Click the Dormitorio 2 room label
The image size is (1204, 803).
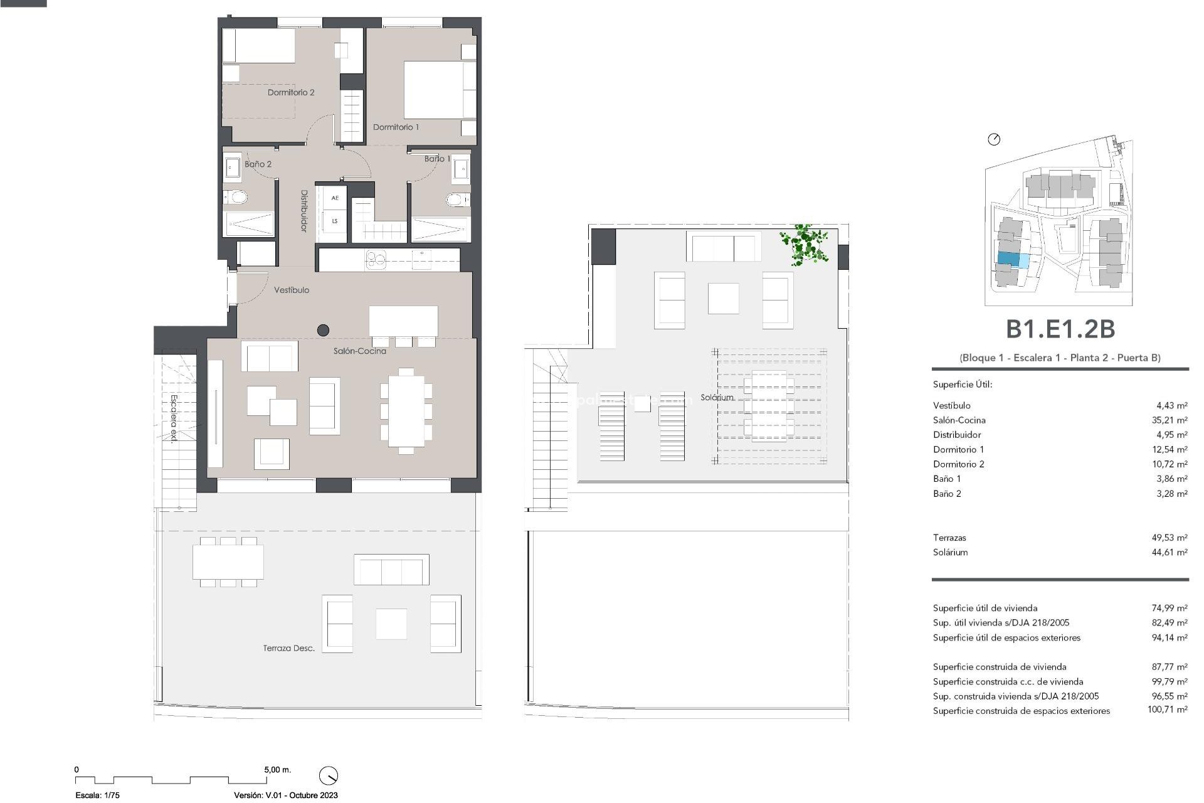click(291, 92)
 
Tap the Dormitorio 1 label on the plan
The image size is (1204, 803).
click(396, 127)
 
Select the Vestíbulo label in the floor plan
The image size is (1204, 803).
click(292, 290)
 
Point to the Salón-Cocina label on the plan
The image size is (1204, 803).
click(359, 351)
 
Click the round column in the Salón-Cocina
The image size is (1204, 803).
click(324, 329)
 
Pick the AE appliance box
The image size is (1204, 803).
click(335, 198)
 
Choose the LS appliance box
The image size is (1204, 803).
click(335, 221)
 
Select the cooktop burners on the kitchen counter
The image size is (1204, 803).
click(376, 258)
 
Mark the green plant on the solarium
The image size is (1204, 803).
click(804, 244)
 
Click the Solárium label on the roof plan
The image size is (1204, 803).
click(717, 397)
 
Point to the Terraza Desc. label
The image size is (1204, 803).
click(288, 648)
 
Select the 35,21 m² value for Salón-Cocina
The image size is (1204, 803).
click(1170, 420)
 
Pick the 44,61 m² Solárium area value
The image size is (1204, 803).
click(1170, 552)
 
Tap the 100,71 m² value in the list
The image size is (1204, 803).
click(1167, 710)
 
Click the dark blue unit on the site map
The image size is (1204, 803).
click(1008, 258)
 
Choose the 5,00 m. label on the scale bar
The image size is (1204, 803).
click(277, 769)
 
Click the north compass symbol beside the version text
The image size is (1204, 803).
click(328, 775)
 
